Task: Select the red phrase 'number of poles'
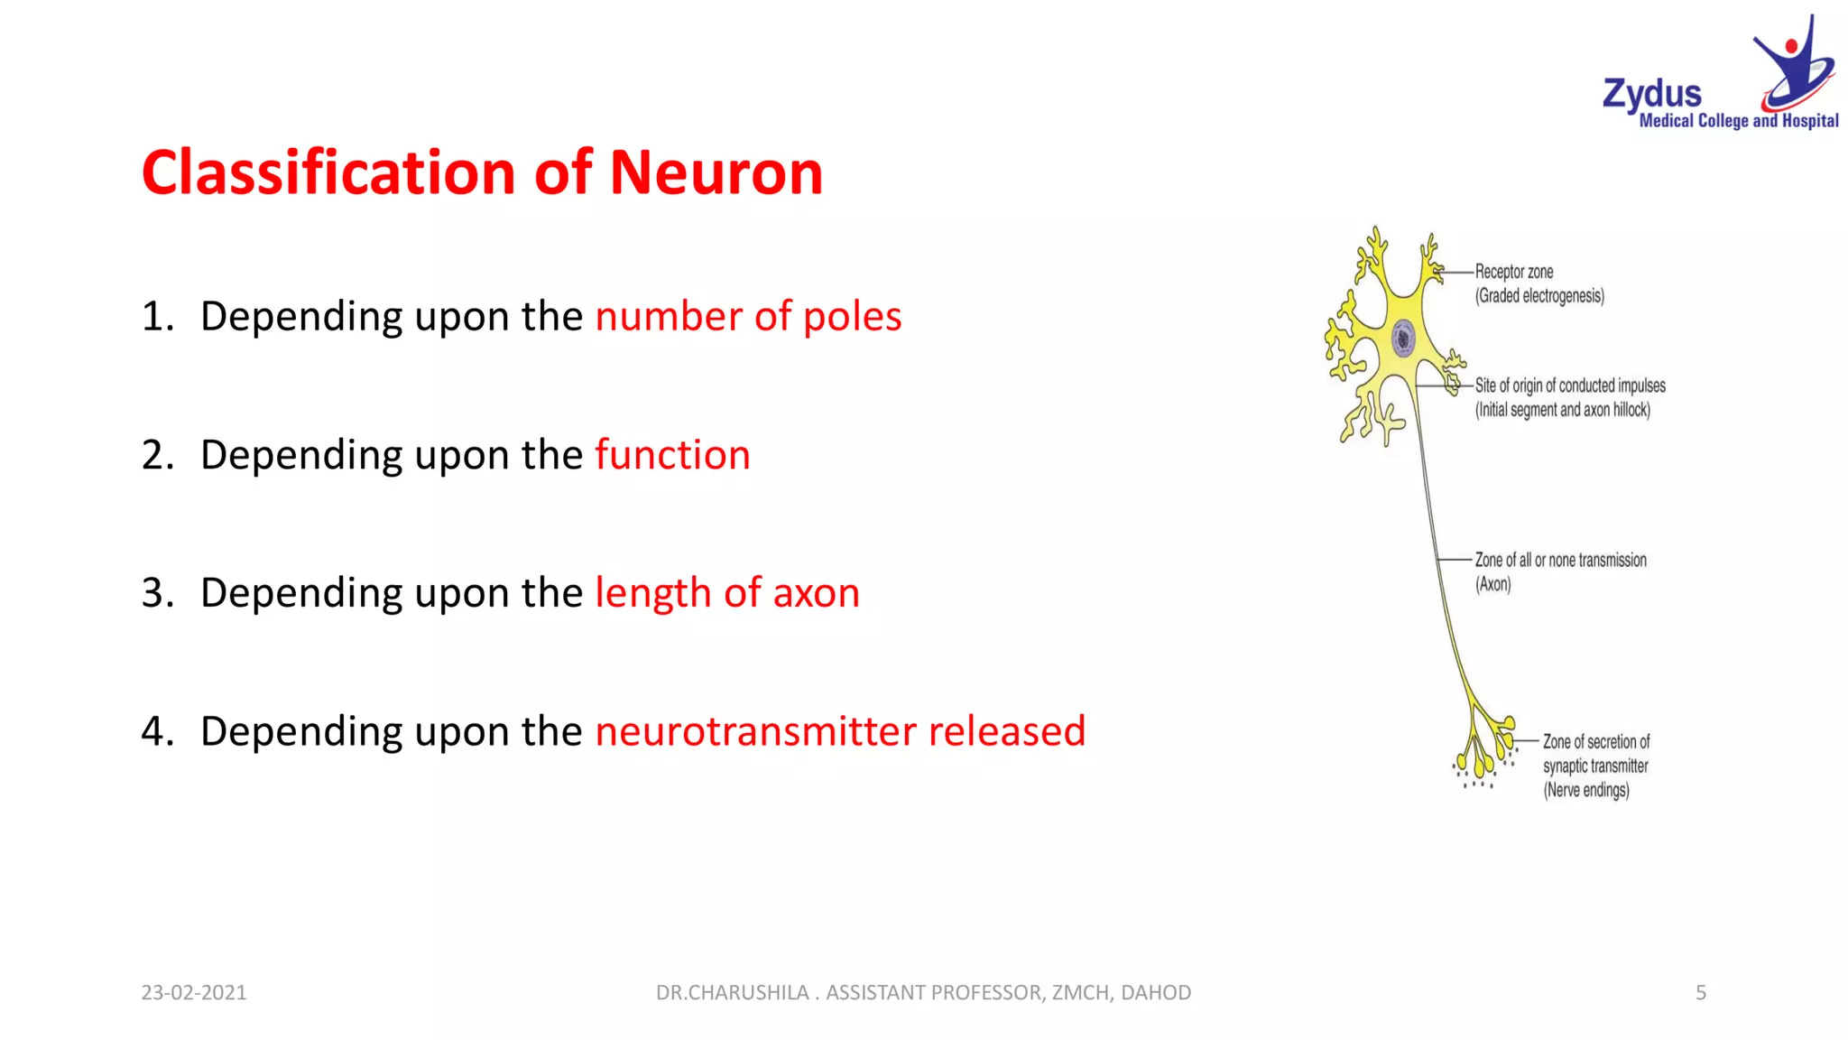(748, 316)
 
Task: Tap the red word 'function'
(672, 454)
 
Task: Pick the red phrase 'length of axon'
(727, 592)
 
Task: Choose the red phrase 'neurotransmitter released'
(840, 730)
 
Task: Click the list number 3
(157, 593)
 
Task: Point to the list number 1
(157, 317)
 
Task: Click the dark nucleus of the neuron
(1402, 339)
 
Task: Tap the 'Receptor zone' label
(1514, 272)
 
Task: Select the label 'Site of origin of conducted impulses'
(1570, 386)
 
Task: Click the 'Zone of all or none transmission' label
(1560, 561)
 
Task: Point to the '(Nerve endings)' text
(1585, 791)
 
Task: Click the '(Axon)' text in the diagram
(1492, 585)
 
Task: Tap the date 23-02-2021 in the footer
(194, 992)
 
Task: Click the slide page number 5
(1701, 992)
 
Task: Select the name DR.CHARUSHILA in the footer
(732, 992)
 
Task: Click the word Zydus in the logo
(1651, 95)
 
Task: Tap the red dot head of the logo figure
(1791, 46)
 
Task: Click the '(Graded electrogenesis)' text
(1539, 296)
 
